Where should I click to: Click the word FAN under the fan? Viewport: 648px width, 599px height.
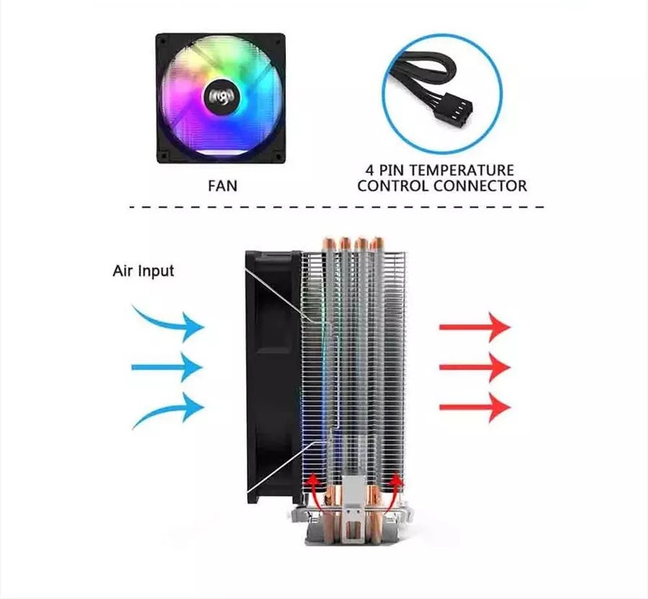(x=220, y=185)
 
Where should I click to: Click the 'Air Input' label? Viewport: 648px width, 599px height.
(x=143, y=271)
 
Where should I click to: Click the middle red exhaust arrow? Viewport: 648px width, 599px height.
(x=474, y=366)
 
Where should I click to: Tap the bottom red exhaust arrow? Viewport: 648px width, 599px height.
(x=474, y=406)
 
